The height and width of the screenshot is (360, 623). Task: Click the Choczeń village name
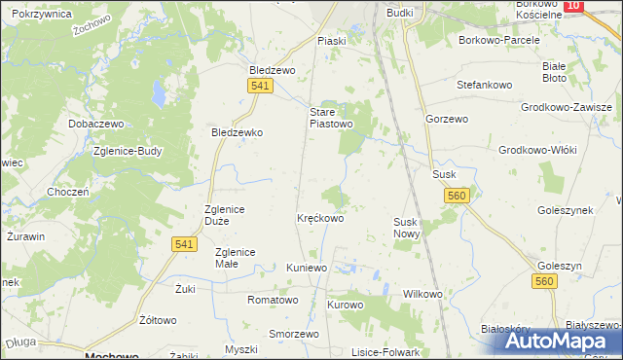tap(68, 192)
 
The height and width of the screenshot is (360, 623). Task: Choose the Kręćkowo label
tap(320, 219)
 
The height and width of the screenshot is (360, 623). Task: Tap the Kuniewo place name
tap(309, 268)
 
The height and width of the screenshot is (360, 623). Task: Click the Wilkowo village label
tap(422, 294)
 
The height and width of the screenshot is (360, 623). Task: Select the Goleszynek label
tap(566, 209)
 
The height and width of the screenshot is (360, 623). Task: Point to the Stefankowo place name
tap(485, 85)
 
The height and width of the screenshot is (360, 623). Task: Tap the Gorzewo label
tap(447, 118)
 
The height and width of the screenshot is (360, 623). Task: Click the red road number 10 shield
tap(573, 6)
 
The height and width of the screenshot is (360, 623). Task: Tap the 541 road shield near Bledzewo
tap(258, 88)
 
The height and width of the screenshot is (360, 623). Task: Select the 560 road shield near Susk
tap(459, 197)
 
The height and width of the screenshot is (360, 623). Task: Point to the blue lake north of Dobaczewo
tap(157, 94)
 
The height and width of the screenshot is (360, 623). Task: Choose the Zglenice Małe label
tap(235, 258)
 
